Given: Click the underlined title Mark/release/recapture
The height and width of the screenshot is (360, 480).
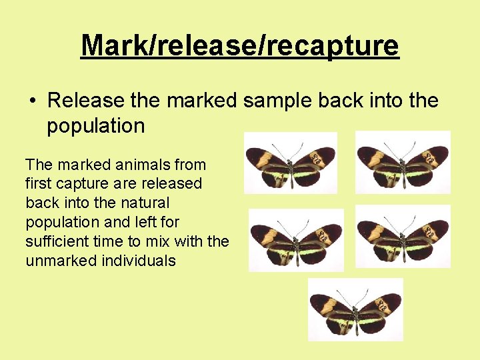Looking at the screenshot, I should [x=239, y=45].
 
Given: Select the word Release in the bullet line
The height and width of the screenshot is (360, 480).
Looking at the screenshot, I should [x=86, y=101].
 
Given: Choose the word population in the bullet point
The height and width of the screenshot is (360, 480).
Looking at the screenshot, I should [x=95, y=126].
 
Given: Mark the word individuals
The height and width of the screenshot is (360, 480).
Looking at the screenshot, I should [x=139, y=261].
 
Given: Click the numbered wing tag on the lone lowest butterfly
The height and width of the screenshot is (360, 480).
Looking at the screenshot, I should [x=381, y=305].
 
